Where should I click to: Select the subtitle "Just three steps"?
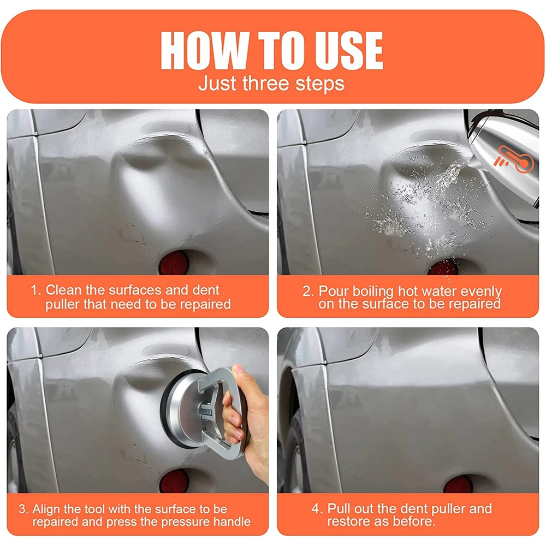[271, 84]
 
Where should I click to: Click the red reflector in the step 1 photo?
[174, 263]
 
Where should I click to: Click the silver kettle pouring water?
[505, 147]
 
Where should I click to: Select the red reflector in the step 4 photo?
[457, 484]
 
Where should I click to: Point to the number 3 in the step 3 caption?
[22, 509]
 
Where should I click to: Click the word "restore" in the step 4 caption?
[347, 522]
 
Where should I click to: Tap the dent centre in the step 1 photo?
[156, 186]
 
